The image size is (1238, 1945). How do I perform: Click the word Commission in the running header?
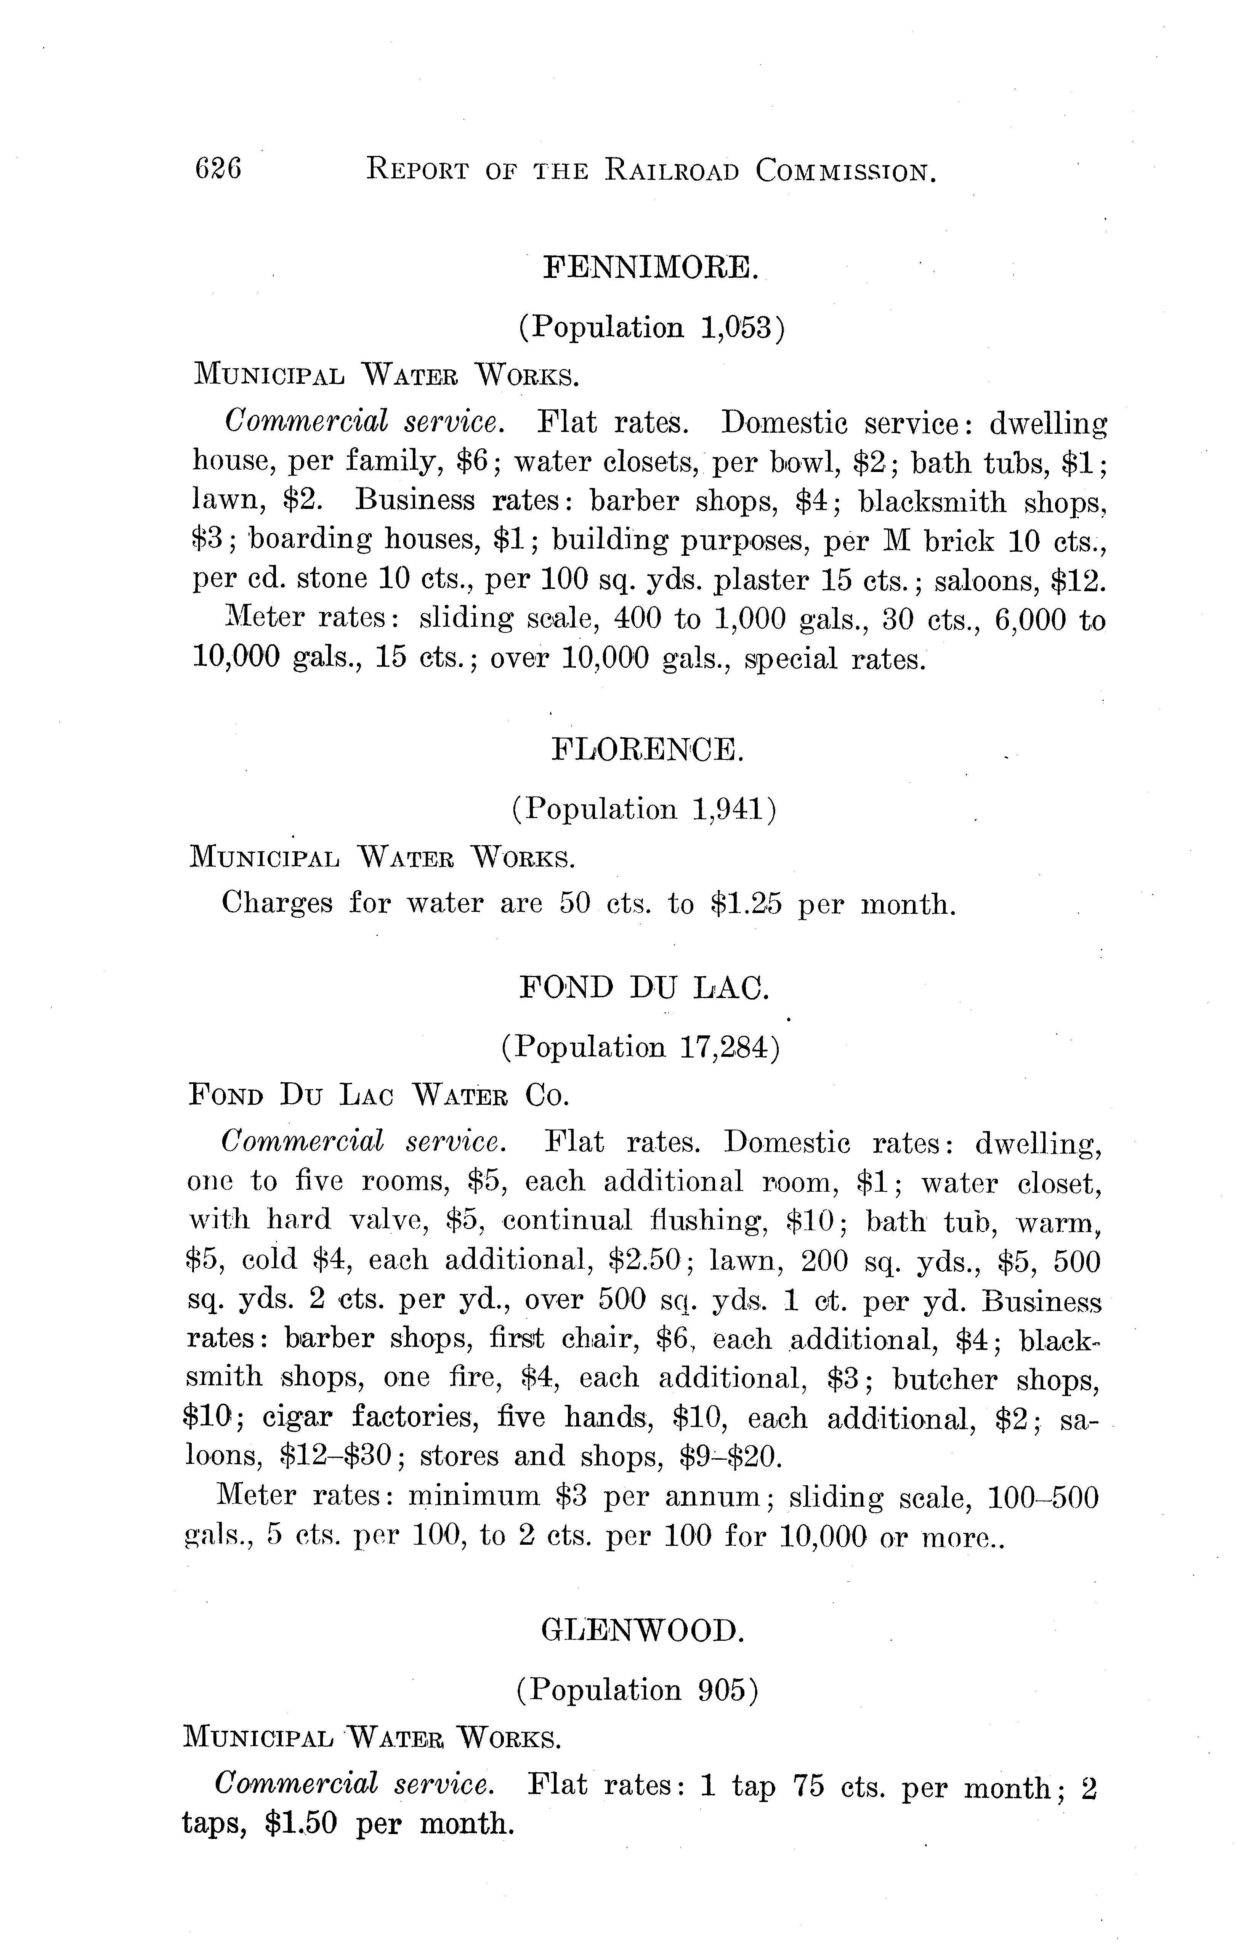pyautogui.click(x=845, y=170)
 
